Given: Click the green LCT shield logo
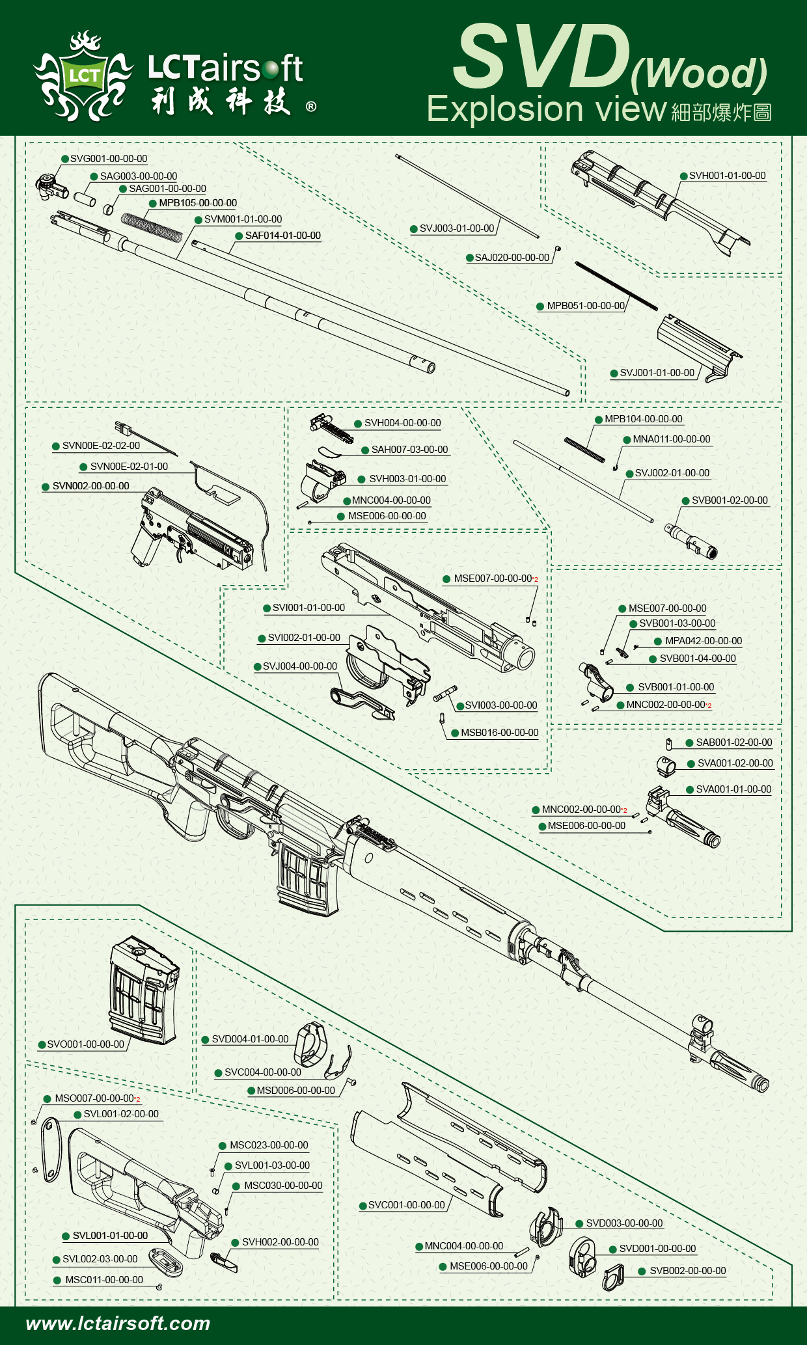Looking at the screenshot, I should (x=84, y=76).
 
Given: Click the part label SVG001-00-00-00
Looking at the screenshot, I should (x=109, y=159).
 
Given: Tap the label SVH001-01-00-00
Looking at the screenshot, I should (x=727, y=176).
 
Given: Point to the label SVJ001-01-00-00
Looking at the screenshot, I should (x=657, y=373).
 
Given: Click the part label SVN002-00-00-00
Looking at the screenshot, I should (x=90, y=486).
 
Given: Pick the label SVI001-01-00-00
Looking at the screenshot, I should (x=308, y=608).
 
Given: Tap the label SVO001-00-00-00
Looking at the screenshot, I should (x=85, y=1044).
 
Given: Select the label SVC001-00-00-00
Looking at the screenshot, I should (x=406, y=1205).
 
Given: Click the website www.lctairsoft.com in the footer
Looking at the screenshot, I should (x=118, y=1324).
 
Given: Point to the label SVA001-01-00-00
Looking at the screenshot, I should (x=733, y=789).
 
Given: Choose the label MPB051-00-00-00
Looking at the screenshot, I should (x=586, y=306).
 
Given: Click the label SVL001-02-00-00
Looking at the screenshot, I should (x=121, y=1114).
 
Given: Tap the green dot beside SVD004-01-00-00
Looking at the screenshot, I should (x=205, y=1040).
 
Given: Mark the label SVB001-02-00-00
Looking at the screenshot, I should (x=730, y=500).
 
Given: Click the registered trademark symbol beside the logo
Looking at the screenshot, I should (x=311, y=106).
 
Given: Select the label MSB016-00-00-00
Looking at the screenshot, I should (x=499, y=733).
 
